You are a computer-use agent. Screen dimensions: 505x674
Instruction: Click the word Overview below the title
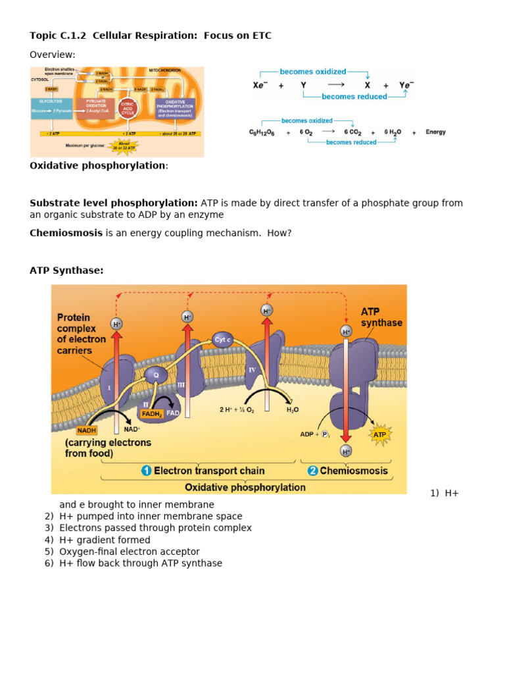pyautogui.click(x=53, y=55)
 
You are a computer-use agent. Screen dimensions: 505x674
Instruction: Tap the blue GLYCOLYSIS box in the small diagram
pyautogui.click(x=51, y=105)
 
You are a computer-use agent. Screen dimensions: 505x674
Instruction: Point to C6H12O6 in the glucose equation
pyautogui.click(x=262, y=132)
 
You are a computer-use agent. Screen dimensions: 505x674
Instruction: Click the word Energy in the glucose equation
pyautogui.click(x=435, y=132)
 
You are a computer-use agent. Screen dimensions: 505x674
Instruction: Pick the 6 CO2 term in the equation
pyautogui.click(x=353, y=132)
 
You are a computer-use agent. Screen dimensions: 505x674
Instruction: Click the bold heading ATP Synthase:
pyautogui.click(x=66, y=271)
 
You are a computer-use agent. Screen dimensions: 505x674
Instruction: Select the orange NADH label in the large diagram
pyautogui.click(x=87, y=430)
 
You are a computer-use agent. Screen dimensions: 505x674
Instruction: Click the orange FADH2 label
pyautogui.click(x=151, y=413)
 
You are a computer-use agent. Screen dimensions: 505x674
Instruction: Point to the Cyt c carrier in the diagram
pyautogui.click(x=224, y=340)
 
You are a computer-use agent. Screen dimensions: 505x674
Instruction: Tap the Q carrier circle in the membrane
pyautogui.click(x=156, y=375)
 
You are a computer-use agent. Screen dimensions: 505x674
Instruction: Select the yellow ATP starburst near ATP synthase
pyautogui.click(x=379, y=435)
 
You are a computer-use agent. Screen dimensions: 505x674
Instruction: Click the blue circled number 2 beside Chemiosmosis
pyautogui.click(x=313, y=471)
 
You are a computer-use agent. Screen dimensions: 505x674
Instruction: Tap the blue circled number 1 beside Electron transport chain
pyautogui.click(x=147, y=471)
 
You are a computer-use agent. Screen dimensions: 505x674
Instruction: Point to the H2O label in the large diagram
pyautogui.click(x=292, y=409)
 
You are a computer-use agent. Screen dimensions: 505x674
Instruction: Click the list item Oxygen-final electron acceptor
pyautogui.click(x=130, y=552)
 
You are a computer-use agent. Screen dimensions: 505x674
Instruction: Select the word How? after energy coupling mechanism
pyautogui.click(x=279, y=233)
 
